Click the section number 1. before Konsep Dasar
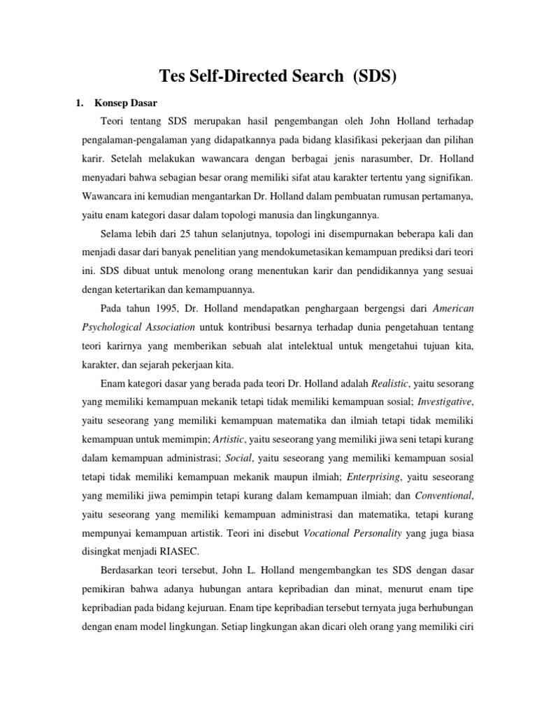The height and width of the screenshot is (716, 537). [x=79, y=103]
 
